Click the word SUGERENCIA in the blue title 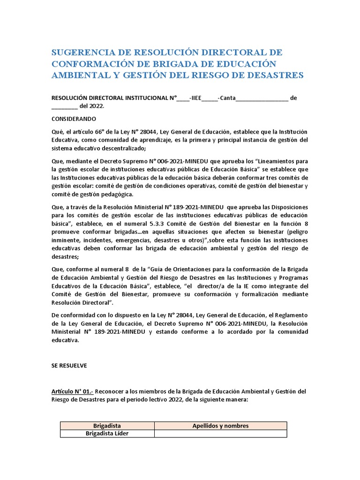coord(86,52)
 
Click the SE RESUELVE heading coord(69,365)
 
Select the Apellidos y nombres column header coord(220,426)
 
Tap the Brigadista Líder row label coord(107,434)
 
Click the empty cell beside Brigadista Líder coord(220,434)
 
